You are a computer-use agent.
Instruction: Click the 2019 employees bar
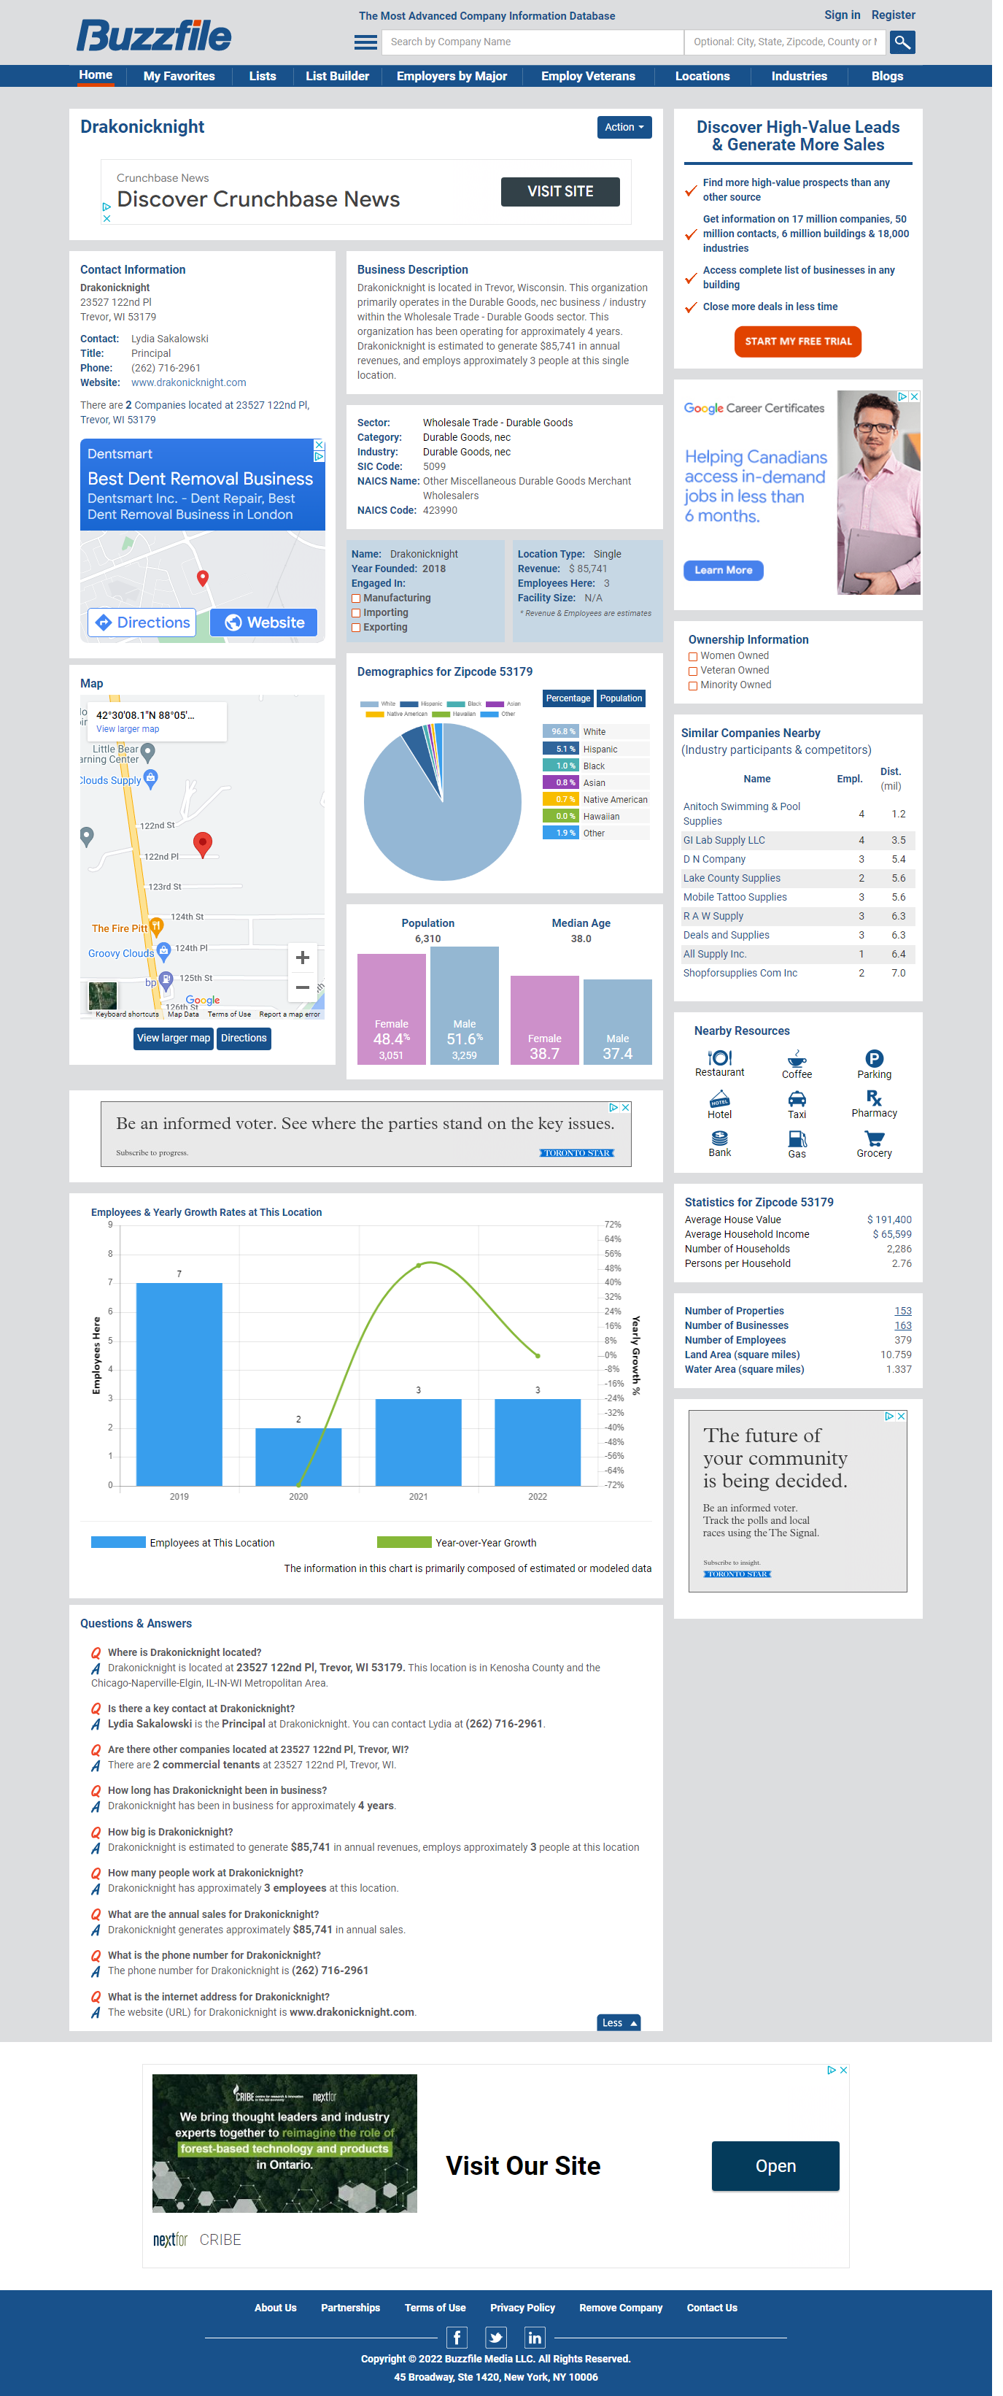pos(179,1383)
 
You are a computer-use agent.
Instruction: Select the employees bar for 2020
pos(298,1456)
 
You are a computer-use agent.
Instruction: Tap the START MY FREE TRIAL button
pos(797,342)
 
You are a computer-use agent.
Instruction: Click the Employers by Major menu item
pos(451,77)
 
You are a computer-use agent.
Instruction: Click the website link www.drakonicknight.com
pos(189,382)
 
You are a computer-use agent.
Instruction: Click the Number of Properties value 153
pos(902,1311)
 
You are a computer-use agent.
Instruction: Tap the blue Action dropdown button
pos(623,128)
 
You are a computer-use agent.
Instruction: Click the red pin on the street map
pos(203,843)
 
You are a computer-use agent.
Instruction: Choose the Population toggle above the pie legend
pos(620,698)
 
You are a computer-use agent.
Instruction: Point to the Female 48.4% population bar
pos(390,1009)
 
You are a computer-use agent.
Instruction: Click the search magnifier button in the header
pos(901,42)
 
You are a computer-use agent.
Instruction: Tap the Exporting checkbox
pos(356,628)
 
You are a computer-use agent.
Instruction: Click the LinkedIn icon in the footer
pos(535,2338)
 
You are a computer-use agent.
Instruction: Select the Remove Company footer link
pos(620,2308)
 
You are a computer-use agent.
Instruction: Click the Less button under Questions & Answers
pos(618,2023)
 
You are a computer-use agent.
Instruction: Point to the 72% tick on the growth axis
pos(612,1224)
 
